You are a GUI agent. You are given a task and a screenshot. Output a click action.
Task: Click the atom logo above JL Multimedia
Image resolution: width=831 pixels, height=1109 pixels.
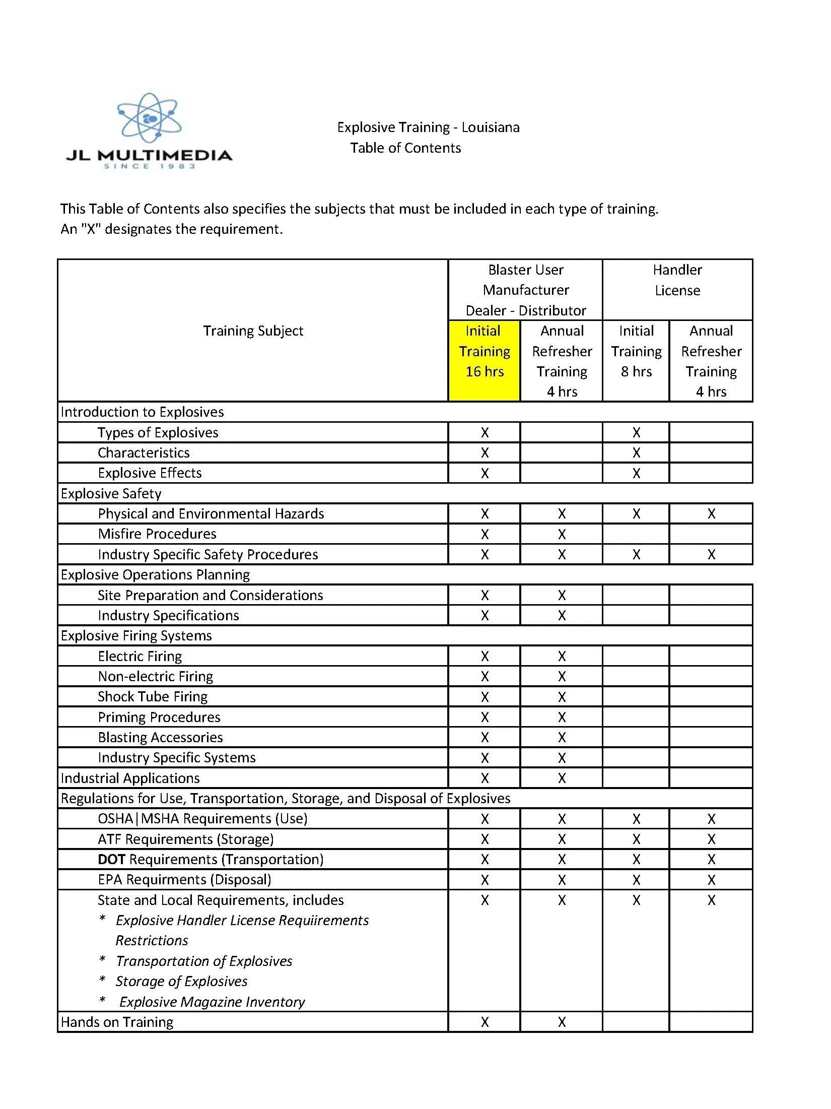(149, 118)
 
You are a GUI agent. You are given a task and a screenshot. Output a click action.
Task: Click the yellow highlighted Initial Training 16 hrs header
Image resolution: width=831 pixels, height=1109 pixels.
(484, 351)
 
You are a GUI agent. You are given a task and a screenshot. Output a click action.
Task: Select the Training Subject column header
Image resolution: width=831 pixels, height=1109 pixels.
(253, 331)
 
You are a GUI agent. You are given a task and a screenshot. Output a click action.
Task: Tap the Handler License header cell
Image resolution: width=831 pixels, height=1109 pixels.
(677, 280)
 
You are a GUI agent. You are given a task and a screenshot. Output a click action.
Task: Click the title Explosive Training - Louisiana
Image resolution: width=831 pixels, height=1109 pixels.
(428, 127)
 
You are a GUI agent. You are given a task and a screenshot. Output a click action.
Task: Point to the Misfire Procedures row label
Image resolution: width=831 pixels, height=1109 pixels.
(157, 534)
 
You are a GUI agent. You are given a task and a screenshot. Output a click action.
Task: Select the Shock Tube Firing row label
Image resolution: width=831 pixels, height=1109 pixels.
(153, 697)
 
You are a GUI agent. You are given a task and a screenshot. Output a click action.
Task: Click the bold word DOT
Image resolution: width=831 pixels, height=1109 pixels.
(111, 860)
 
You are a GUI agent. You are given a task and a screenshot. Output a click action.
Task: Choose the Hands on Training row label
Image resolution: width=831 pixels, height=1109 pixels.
(117, 1022)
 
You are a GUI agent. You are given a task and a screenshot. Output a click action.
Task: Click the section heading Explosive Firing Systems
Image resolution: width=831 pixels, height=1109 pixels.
(136, 636)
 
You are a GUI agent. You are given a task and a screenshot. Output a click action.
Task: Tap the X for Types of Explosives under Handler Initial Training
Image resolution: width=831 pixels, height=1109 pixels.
(636, 433)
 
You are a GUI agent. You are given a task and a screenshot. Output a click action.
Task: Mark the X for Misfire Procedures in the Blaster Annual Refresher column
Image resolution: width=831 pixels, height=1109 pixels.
(562, 534)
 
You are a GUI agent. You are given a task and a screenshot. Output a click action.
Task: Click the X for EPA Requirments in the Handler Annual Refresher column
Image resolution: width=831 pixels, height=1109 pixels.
(711, 880)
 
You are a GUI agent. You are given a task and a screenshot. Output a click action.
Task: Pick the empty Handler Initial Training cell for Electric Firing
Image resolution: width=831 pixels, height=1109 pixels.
(636, 656)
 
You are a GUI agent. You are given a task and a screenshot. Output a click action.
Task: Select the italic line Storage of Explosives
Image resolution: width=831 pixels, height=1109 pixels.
(181, 982)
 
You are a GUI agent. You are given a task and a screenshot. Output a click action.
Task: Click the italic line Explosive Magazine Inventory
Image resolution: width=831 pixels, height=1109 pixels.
(212, 1002)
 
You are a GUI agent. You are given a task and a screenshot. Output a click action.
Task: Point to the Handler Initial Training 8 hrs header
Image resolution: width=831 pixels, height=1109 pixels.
(636, 351)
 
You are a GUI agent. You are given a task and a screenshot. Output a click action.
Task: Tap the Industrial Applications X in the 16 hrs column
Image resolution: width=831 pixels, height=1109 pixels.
(484, 778)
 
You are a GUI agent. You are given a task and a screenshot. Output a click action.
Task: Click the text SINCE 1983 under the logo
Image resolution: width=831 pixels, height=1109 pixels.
(149, 166)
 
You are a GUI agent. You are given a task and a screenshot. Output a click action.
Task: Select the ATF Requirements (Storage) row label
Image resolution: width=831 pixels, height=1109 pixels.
(186, 839)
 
